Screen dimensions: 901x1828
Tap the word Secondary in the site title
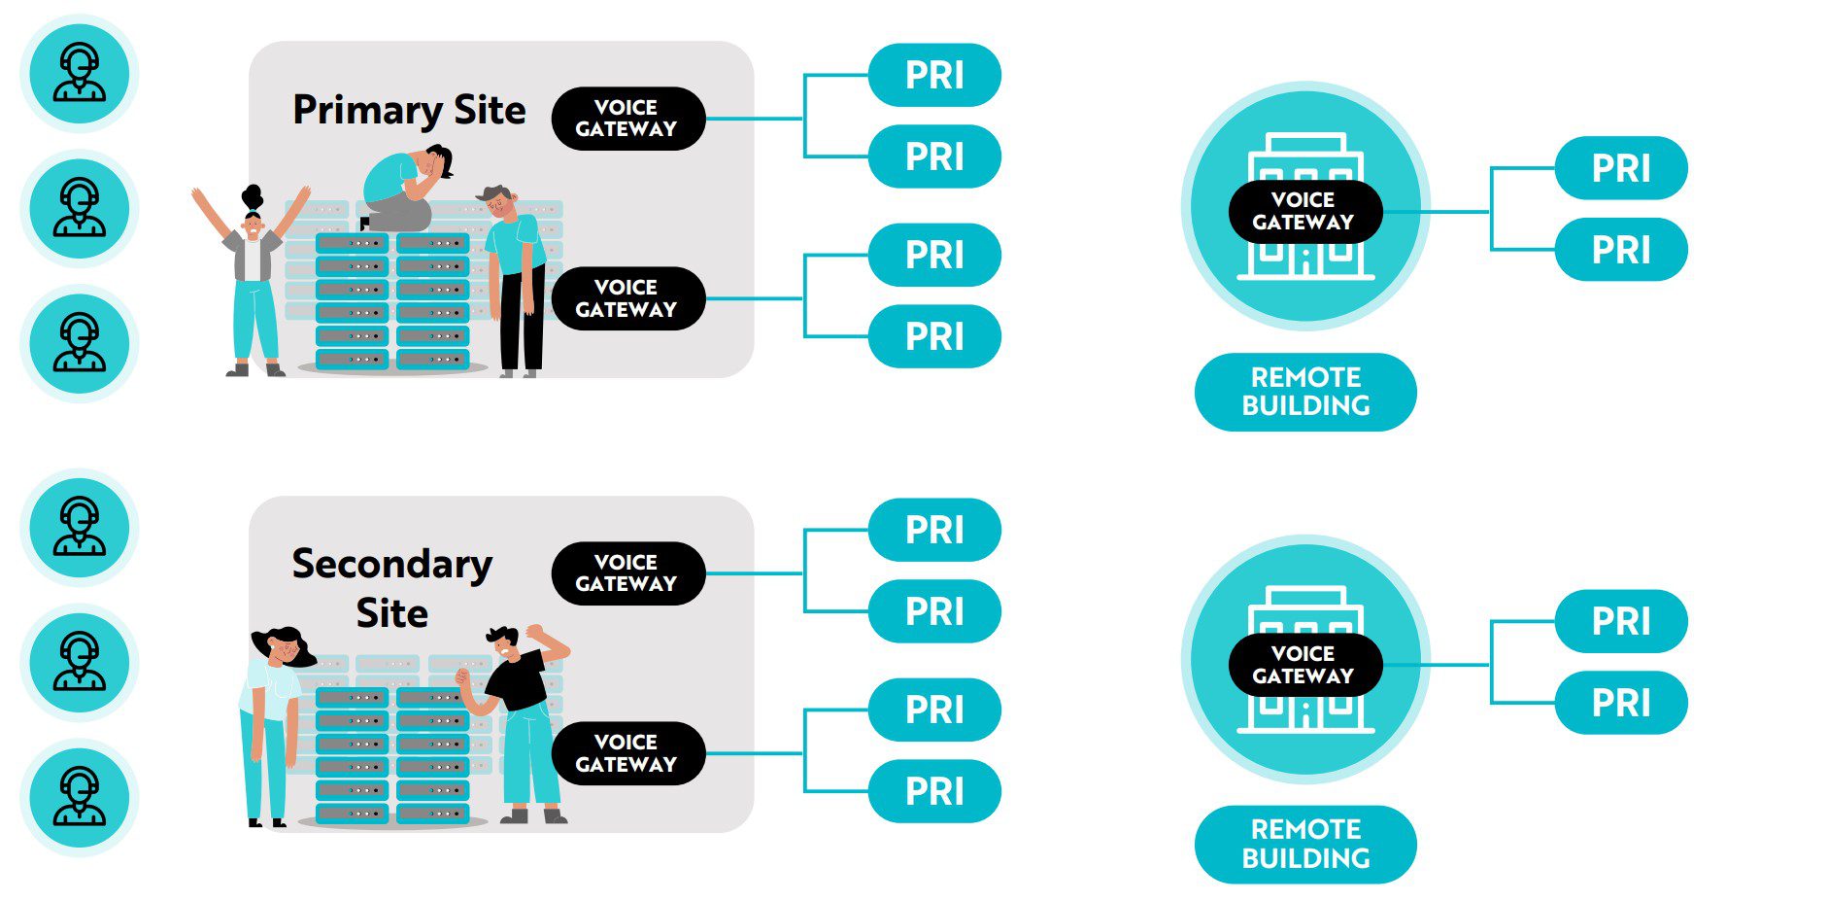391,565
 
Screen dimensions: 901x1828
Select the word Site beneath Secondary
391,614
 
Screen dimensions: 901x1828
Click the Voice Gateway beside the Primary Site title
627,119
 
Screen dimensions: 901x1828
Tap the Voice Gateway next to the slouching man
627,298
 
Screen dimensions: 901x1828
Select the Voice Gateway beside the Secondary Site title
627,573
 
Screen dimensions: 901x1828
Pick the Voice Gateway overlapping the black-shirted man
627,753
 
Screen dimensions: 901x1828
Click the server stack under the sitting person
391,301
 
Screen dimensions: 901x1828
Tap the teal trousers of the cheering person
254,321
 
